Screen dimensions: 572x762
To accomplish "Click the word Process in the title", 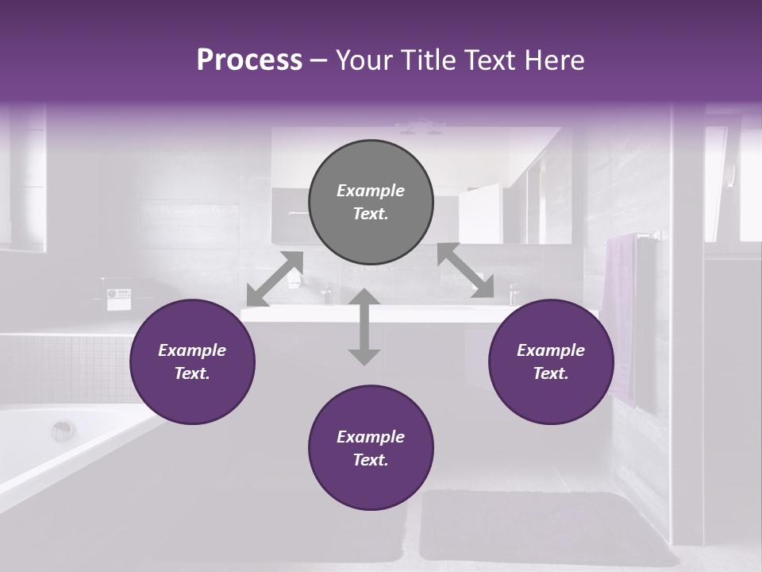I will [249, 60].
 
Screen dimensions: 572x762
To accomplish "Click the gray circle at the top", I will [371, 203].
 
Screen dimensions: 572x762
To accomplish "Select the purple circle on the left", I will [192, 362].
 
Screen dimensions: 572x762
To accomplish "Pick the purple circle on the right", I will [551, 362].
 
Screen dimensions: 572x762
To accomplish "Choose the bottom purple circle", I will [371, 449].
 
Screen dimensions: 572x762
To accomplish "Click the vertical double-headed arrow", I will [364, 327].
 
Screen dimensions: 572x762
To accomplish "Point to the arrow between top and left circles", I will [275, 278].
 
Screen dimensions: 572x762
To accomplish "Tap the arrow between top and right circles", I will [465, 270].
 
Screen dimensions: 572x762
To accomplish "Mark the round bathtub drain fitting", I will [63, 431].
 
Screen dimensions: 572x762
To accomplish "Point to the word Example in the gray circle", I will [371, 191].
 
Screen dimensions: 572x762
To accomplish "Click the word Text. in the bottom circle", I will [371, 460].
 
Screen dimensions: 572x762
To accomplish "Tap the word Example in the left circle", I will [192, 350].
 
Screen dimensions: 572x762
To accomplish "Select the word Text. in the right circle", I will [551, 373].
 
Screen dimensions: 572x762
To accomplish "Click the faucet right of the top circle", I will [513, 292].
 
